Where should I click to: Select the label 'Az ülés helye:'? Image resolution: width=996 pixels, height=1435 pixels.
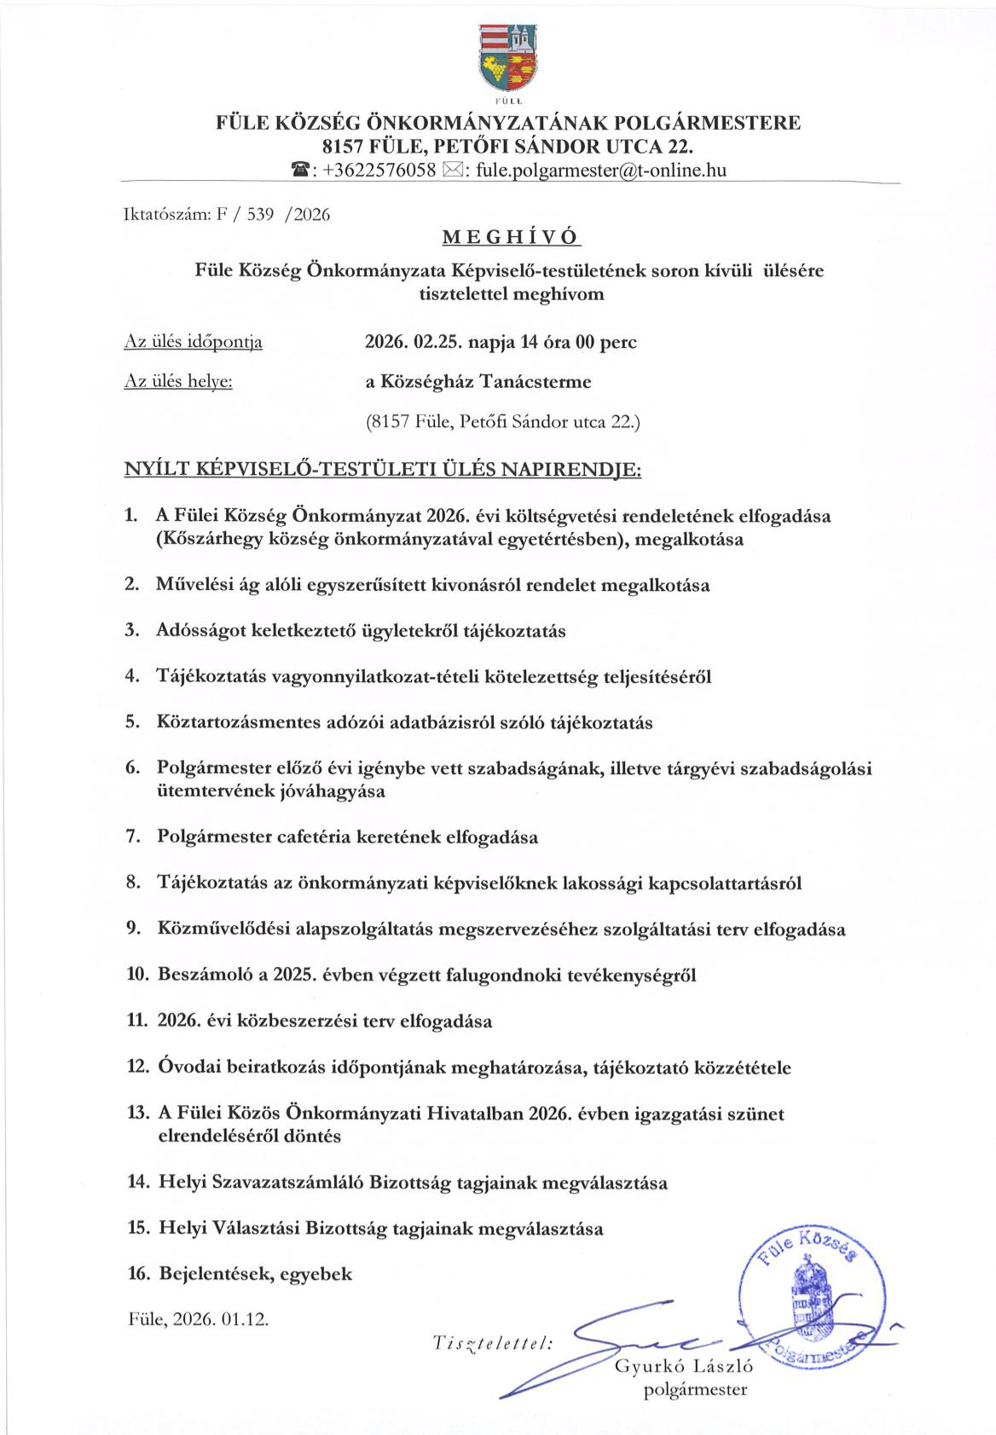179,382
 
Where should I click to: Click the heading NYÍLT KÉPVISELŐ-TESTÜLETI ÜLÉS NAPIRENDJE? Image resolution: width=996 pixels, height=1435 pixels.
383,470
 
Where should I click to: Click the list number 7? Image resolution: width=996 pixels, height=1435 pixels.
133,836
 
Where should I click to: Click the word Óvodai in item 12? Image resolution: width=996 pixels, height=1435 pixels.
185,1067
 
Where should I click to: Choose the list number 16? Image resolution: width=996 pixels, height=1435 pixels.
138,1274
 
